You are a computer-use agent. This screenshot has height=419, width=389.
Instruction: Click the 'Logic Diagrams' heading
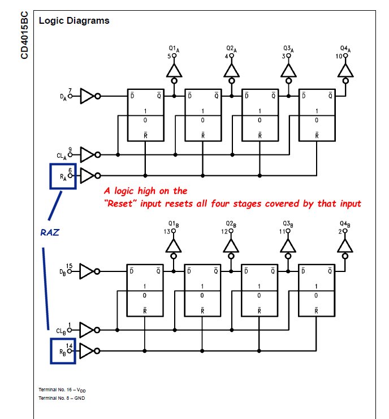(74, 21)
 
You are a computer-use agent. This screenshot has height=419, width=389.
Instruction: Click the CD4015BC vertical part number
(24, 36)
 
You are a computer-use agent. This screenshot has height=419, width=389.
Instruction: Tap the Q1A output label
(174, 50)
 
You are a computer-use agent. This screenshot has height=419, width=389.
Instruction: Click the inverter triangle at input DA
(88, 96)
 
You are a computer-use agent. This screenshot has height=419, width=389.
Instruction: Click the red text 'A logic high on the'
(146, 191)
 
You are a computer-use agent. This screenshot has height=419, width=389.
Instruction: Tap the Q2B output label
(231, 225)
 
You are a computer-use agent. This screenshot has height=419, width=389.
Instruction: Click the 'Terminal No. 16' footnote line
(63, 391)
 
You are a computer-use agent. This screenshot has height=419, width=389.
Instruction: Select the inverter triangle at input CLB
(88, 329)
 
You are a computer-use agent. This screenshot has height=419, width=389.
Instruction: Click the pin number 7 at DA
(70, 90)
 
